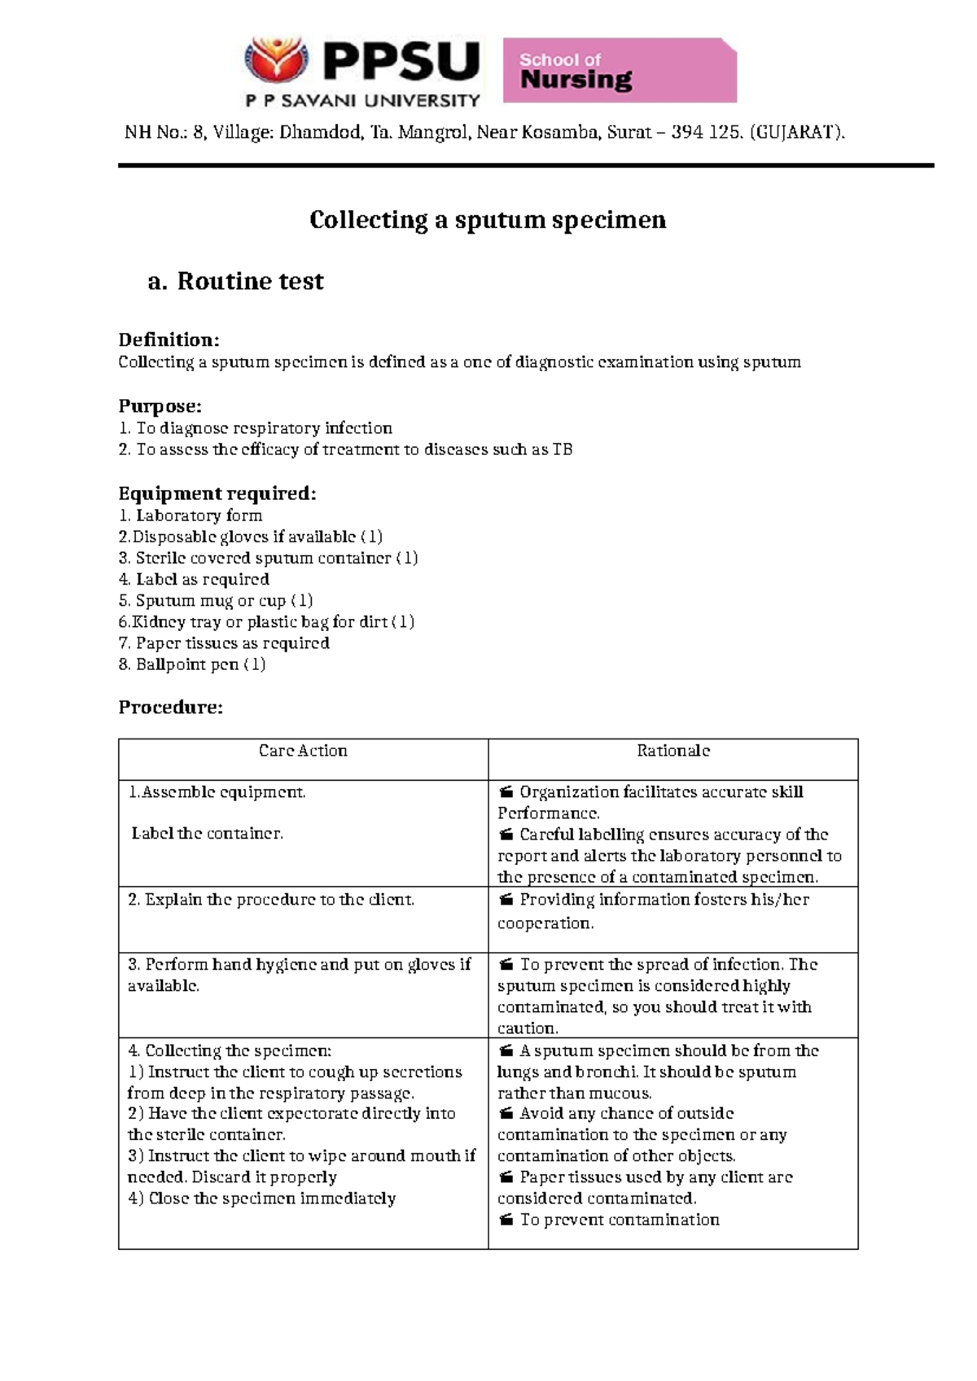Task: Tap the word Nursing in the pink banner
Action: tap(576, 80)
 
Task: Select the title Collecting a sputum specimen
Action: tap(488, 220)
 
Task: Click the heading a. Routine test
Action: tap(236, 281)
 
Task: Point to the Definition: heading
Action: tap(169, 340)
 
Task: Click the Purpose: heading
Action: tap(160, 406)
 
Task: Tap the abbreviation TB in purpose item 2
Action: tap(563, 449)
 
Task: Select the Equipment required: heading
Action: tap(217, 493)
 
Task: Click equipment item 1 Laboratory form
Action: tap(191, 515)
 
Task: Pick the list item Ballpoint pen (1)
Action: tap(192, 664)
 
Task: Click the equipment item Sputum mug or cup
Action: tap(216, 601)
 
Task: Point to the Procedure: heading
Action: tap(170, 707)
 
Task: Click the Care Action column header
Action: tap(303, 751)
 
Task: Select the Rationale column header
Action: tap(673, 751)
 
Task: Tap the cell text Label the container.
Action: tap(207, 834)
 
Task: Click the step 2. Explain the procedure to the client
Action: tap(271, 900)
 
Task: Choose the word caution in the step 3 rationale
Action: tap(527, 1028)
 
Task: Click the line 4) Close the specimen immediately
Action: tap(261, 1199)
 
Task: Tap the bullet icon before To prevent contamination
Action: tap(506, 1220)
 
